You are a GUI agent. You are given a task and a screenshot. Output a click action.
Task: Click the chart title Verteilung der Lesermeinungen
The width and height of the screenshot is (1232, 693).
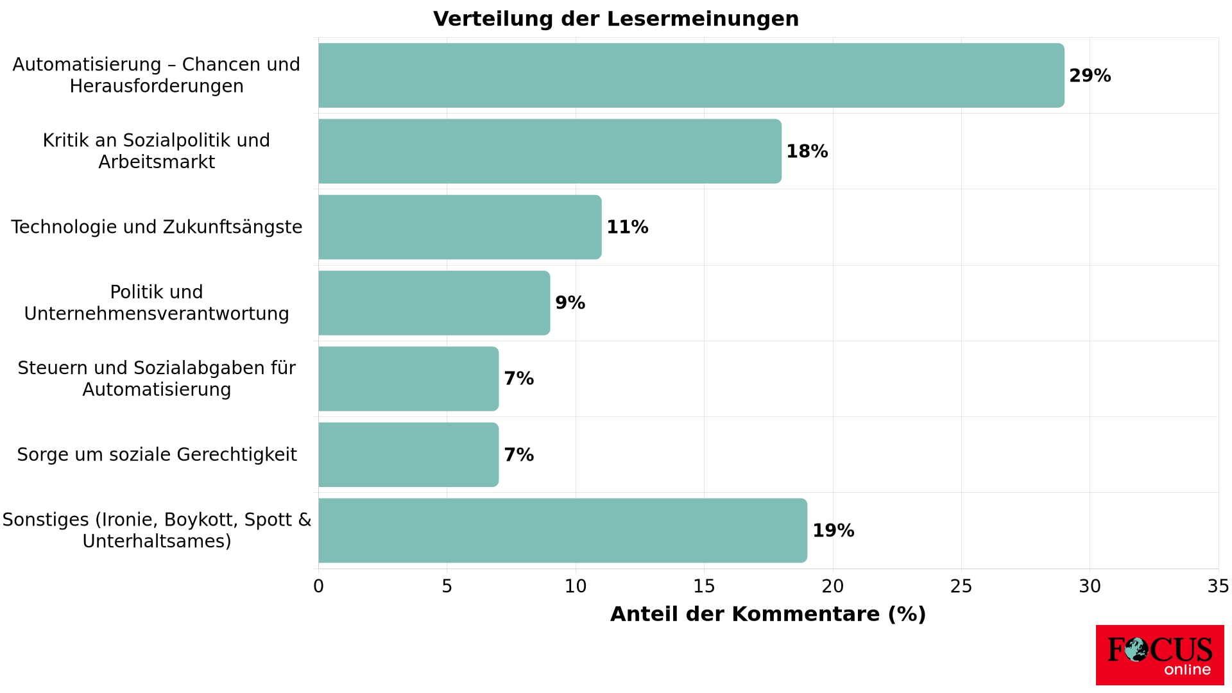tap(616, 19)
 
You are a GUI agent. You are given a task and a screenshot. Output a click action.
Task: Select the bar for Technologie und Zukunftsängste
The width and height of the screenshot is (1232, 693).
tap(459, 227)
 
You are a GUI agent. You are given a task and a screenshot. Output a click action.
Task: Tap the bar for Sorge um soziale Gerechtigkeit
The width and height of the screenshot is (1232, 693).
tap(408, 454)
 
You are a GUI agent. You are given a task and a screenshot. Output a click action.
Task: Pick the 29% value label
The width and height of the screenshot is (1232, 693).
tap(1090, 76)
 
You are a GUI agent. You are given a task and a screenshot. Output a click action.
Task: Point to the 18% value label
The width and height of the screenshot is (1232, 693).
tap(807, 151)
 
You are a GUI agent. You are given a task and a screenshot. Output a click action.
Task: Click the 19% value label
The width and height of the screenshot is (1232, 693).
tap(833, 531)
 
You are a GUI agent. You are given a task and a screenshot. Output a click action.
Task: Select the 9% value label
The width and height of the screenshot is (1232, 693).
tap(570, 303)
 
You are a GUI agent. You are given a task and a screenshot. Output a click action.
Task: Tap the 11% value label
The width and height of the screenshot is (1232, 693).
tap(627, 227)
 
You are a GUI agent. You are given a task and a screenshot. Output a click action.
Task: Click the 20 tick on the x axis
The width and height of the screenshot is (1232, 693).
tap(833, 586)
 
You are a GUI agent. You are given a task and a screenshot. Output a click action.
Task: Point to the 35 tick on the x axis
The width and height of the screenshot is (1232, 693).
tap(1218, 586)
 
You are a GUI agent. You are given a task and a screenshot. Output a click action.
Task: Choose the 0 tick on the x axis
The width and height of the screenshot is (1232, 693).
tap(318, 586)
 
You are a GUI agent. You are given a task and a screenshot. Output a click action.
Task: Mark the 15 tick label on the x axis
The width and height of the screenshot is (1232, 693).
tap(704, 586)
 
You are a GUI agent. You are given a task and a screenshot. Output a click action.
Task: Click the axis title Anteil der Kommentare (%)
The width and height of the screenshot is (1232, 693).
tap(768, 614)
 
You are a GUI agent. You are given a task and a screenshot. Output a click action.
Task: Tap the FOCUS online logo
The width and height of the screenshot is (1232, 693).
tap(1159, 655)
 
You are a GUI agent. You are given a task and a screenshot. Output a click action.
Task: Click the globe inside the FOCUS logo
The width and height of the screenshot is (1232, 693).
tap(1136, 649)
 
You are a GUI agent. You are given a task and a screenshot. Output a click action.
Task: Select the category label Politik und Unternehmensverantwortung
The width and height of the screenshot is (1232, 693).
tap(157, 303)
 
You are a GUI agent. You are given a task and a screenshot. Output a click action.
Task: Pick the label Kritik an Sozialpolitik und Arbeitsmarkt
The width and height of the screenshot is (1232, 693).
tap(157, 151)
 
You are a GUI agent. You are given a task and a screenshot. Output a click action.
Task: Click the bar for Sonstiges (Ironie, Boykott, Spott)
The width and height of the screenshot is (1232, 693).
tap(562, 531)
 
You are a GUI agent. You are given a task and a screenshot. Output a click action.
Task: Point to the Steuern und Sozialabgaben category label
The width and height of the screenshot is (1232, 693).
tap(157, 379)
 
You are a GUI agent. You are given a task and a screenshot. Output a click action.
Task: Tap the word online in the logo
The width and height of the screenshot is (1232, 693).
tap(1187, 670)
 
